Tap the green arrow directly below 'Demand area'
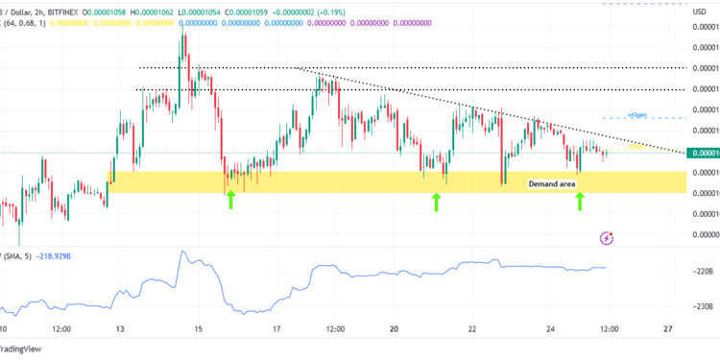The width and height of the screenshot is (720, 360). [580, 200]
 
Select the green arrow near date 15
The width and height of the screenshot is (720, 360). [230, 200]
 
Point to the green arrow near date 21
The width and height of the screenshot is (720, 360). [437, 201]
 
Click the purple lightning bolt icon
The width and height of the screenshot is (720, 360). [606, 237]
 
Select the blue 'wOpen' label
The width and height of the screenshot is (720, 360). [637, 115]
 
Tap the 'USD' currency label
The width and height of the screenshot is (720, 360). [700, 12]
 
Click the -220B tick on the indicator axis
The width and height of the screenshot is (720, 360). [702, 272]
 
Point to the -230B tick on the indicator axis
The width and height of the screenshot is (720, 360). [702, 306]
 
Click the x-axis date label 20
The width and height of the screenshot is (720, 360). [394, 328]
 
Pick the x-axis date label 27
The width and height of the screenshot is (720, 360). [667, 328]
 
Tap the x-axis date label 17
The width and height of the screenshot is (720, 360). [276, 328]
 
